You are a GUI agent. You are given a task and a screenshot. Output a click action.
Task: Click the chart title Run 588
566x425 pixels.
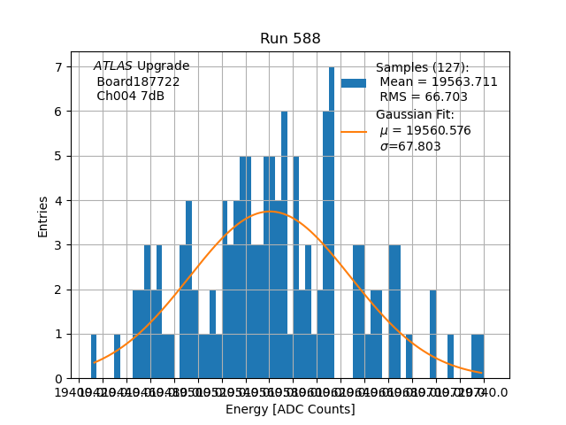point(290,39)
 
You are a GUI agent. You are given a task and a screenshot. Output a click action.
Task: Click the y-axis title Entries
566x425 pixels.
point(43,216)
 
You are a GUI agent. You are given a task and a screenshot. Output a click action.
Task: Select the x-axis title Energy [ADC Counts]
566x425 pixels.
point(290,409)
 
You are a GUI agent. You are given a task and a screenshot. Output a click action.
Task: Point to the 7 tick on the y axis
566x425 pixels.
point(59,67)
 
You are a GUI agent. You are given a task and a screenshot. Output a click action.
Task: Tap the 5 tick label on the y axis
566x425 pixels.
point(59,157)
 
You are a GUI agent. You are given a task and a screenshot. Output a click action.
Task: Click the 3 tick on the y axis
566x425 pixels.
point(59,245)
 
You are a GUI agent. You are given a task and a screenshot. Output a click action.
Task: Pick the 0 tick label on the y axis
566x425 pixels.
point(59,379)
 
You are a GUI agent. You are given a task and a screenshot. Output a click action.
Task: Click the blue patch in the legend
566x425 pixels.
point(354,82)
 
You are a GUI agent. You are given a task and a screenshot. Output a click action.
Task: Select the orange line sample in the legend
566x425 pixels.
point(354,132)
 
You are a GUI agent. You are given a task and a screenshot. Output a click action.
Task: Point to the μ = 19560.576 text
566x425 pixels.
point(425,131)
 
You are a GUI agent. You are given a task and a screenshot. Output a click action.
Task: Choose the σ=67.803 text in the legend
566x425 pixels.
point(410,147)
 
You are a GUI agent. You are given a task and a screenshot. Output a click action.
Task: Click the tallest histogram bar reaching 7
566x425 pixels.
point(332,221)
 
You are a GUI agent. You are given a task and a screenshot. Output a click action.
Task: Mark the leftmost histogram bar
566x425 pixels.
point(94,356)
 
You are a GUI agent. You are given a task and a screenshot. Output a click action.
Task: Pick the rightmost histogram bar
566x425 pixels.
point(478,356)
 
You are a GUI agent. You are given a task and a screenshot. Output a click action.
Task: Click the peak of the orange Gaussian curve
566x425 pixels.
point(270,212)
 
